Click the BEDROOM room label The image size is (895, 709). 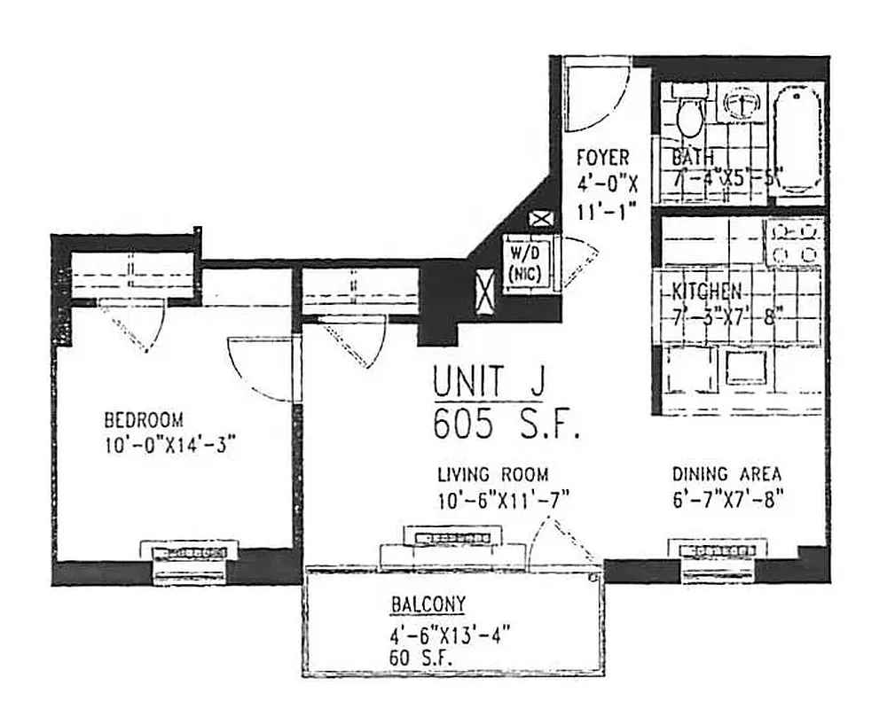143,419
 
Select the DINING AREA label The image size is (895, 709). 726,474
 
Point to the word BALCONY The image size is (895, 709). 428,605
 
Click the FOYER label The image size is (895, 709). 602,158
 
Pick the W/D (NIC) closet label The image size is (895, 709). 526,263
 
